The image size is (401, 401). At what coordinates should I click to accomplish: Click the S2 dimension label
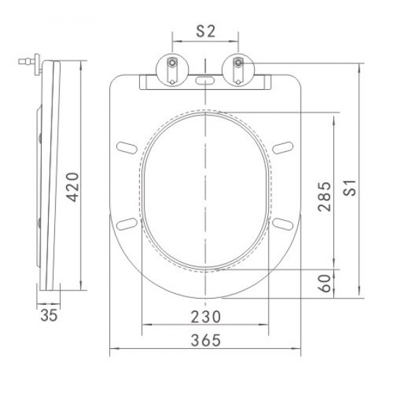[206, 32]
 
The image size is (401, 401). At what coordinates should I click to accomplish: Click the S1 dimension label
[349, 188]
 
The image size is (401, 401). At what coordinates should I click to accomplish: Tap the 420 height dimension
[72, 187]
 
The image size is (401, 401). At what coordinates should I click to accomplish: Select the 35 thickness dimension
[49, 315]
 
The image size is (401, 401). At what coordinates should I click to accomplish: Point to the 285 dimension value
[324, 196]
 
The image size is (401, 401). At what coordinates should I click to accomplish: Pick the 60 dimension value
[324, 283]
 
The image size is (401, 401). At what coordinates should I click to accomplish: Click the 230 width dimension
[206, 317]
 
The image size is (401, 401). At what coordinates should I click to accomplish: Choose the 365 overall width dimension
[206, 340]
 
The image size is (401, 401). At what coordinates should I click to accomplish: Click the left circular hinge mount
[173, 70]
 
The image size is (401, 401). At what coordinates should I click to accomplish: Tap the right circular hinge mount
[238, 70]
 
